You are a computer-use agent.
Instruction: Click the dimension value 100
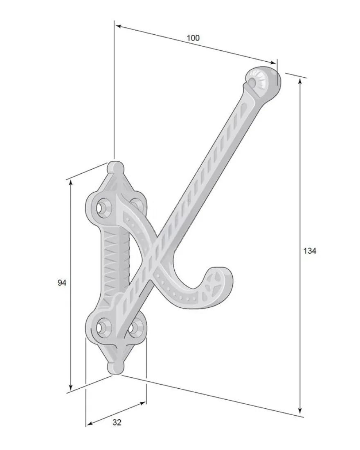(x=193, y=38)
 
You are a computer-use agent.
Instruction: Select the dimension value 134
(x=310, y=251)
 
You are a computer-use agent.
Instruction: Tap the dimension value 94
(x=62, y=283)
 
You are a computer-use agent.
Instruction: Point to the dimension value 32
(x=117, y=422)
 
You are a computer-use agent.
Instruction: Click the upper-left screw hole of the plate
(x=101, y=208)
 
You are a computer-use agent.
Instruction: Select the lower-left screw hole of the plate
(x=101, y=327)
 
